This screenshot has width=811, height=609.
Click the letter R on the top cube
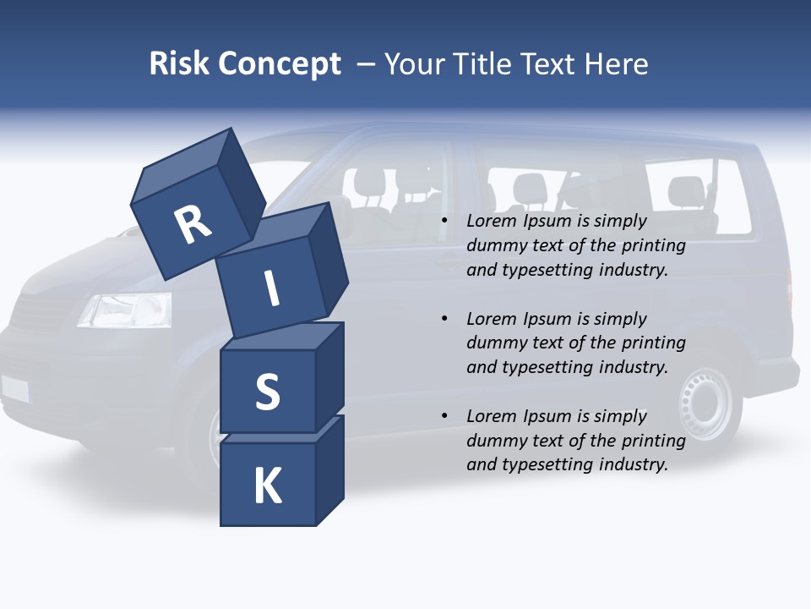tap(193, 225)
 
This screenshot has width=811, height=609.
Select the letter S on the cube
tap(267, 392)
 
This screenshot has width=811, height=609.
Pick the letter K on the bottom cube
tap(267, 486)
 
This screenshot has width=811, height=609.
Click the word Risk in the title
tap(179, 63)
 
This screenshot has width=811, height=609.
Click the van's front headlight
tap(126, 310)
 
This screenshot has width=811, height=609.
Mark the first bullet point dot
tap(445, 222)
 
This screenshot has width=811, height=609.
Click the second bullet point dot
tap(445, 320)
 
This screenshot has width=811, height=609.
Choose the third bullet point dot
tap(445, 417)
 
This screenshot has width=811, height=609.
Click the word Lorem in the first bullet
tap(492, 222)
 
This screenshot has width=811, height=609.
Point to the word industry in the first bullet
tap(634, 271)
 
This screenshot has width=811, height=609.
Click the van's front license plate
tap(14, 388)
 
